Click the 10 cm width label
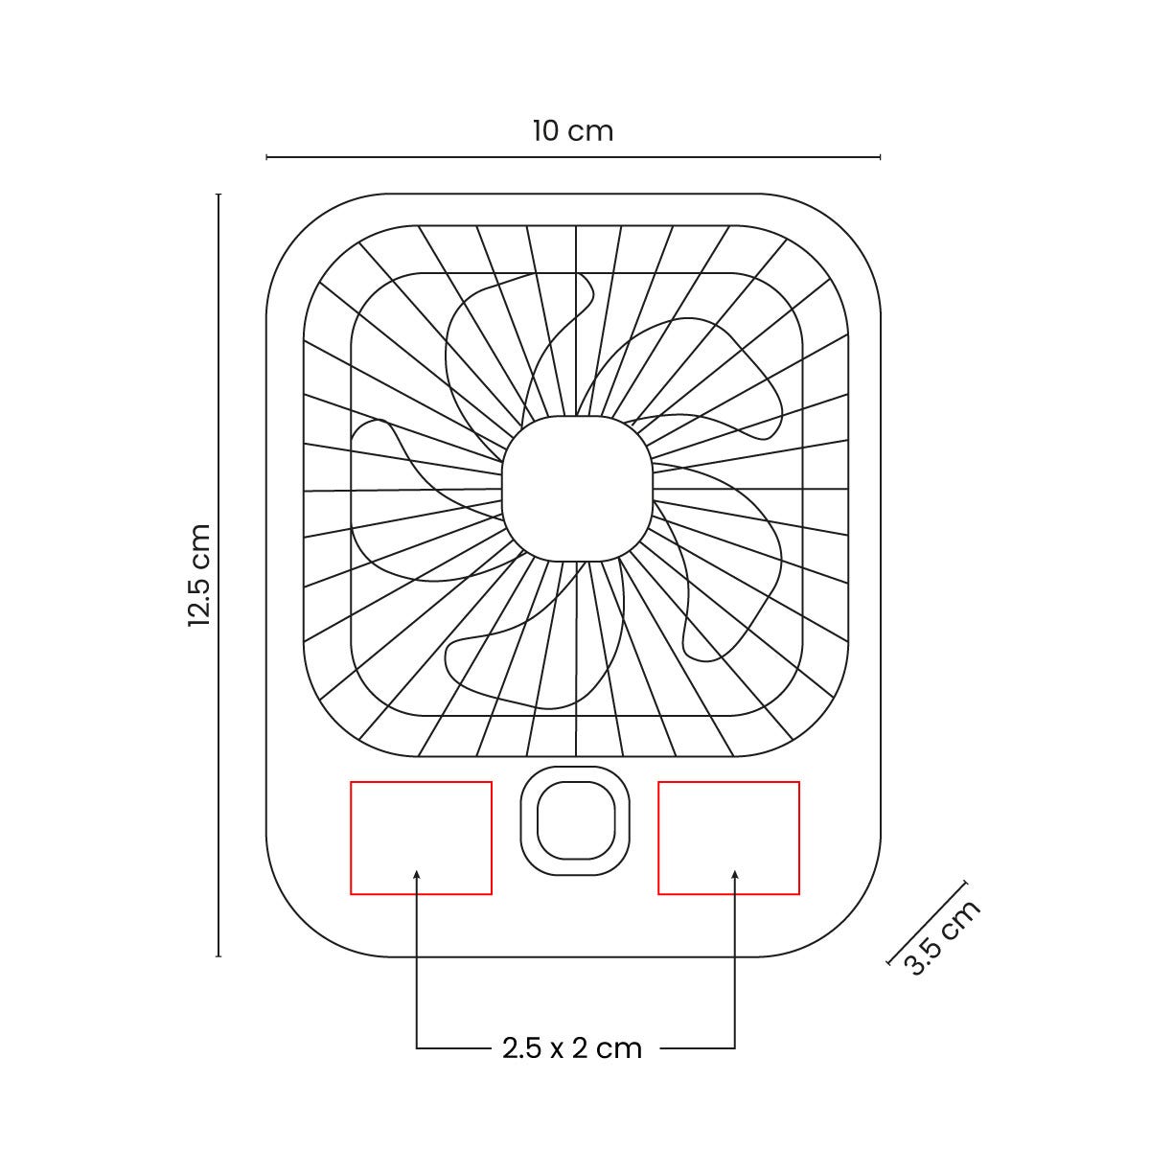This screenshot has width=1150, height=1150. [573, 131]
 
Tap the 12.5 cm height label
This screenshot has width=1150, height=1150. [199, 575]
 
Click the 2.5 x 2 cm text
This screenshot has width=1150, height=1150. [572, 1048]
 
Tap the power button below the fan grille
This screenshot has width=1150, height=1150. [575, 820]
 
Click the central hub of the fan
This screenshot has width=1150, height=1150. [577, 488]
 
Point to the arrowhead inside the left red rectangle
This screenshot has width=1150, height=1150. [417, 874]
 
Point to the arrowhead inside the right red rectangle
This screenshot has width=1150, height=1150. [735, 874]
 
